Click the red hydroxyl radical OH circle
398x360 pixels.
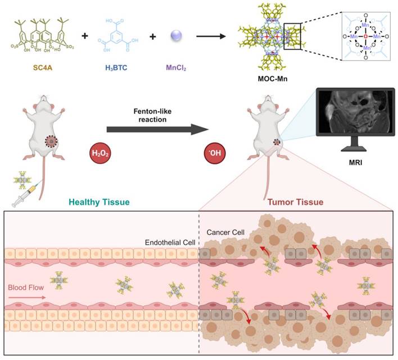click(215, 153)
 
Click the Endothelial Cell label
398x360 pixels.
click(170, 243)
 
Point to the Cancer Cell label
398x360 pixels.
click(223, 233)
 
